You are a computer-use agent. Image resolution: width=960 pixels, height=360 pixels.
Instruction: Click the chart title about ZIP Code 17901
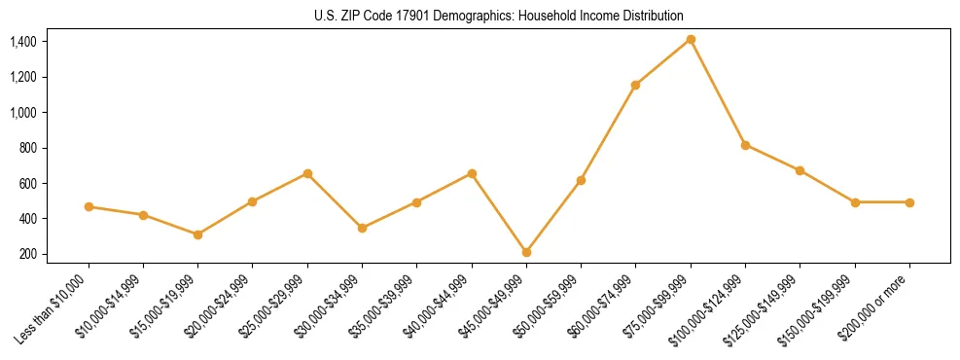[x=499, y=16]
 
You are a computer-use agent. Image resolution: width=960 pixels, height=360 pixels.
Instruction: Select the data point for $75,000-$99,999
[x=691, y=39]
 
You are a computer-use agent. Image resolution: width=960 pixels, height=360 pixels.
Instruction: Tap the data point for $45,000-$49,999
[x=526, y=252]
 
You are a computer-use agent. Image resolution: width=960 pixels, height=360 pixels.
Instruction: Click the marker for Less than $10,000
[x=89, y=206]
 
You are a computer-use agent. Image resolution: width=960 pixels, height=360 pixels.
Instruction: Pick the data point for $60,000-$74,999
[x=635, y=85]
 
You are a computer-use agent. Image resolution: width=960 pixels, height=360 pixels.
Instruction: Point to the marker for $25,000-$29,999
[x=307, y=173]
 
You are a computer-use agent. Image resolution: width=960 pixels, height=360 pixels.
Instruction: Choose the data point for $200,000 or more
[x=909, y=202]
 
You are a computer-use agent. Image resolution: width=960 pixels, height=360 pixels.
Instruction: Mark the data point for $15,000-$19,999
[x=197, y=234]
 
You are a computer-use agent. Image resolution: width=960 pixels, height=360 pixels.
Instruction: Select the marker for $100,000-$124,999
[x=745, y=145]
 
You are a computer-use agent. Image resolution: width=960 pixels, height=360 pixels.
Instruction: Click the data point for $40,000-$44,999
[x=472, y=173]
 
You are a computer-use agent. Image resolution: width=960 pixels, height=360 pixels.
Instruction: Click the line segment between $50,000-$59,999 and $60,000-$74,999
[x=608, y=132]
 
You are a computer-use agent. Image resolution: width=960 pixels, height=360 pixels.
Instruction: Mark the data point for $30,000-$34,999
[x=362, y=228]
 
